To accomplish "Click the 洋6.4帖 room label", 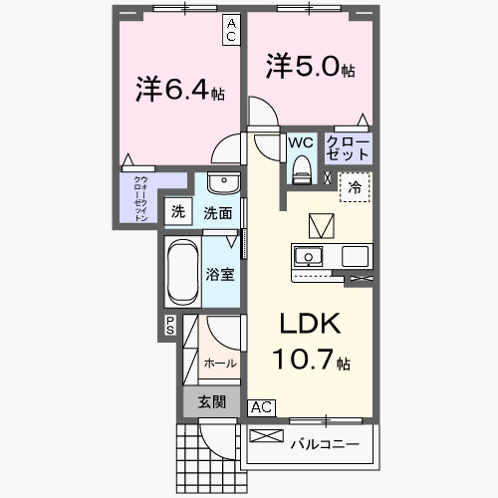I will pos(178,91).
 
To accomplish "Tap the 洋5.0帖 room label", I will pos(310,69).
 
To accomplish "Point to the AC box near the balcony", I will pos(260,406).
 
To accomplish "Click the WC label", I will pos(301,142).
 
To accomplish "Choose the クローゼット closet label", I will pos(348,148).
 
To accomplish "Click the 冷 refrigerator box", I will pos(356,185).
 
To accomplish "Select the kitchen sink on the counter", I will pos(308,254).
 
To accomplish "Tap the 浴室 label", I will pos(220,274).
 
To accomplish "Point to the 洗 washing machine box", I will pos(177,211).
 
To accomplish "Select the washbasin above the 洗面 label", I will pos(224,185).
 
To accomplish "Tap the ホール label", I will pos(220,364).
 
